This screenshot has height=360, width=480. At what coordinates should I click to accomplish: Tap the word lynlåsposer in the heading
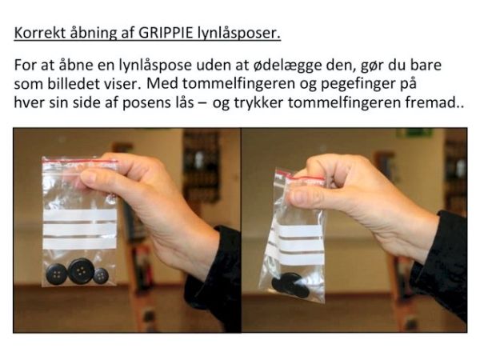238,33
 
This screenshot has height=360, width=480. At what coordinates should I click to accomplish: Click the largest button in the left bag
81,271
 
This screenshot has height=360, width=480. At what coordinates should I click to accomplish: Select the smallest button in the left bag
101,276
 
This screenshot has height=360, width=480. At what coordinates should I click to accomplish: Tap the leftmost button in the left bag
57,274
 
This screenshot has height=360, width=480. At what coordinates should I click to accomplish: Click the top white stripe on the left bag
80,215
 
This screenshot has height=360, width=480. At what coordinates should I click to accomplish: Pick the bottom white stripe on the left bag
80,243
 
